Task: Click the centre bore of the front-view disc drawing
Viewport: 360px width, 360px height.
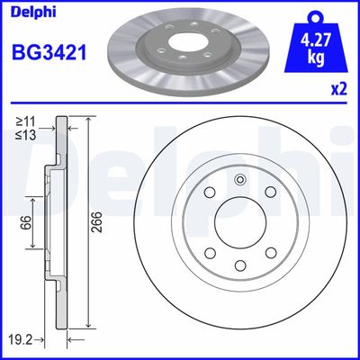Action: point(239,228)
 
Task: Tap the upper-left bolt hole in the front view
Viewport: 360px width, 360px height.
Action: point(209,193)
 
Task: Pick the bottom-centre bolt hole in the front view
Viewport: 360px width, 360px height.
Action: point(239,264)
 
